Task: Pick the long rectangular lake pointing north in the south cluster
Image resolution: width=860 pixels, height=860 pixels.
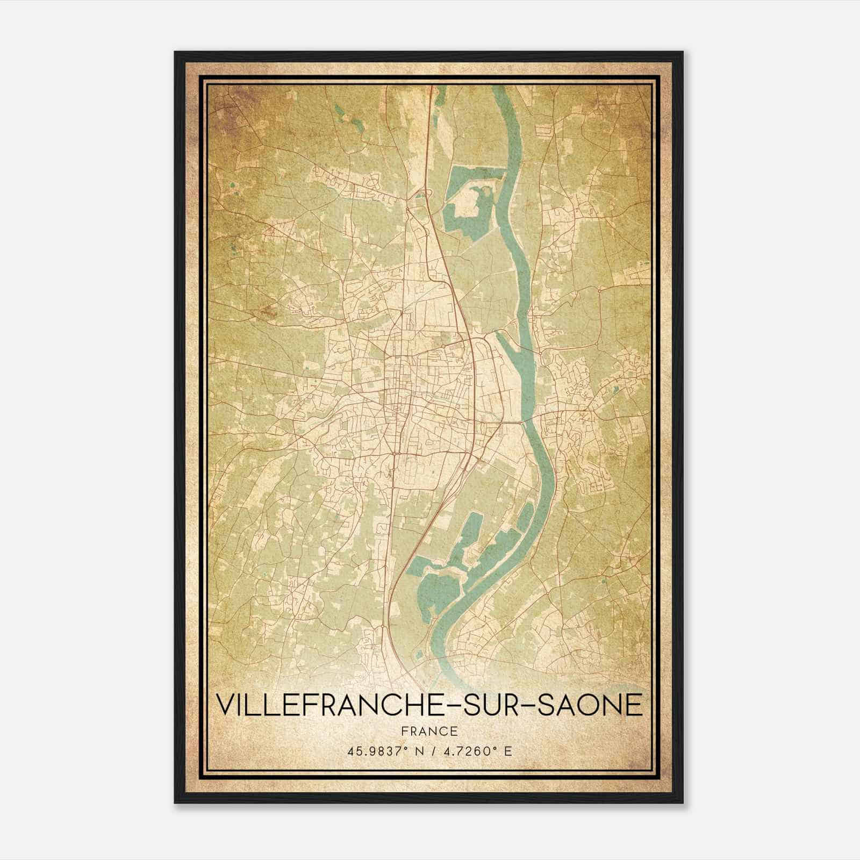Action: pos(472,532)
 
